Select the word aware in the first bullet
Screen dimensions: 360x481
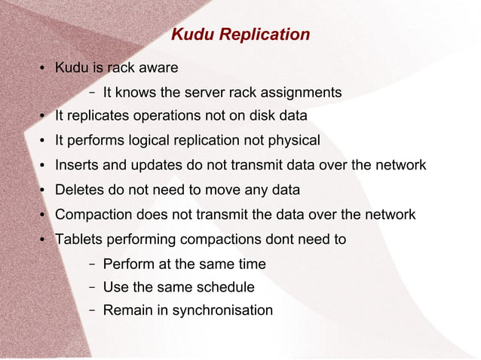tap(158, 69)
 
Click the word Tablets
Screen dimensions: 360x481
tap(78, 239)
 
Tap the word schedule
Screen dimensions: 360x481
tap(225, 287)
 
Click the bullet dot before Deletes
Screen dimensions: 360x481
tap(43, 191)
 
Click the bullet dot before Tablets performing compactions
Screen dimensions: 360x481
tap(43, 240)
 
